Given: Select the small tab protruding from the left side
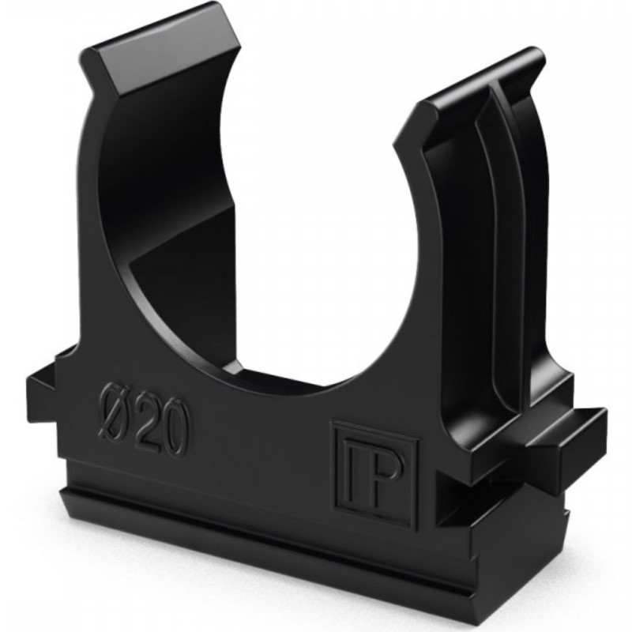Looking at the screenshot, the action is coord(43,392).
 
